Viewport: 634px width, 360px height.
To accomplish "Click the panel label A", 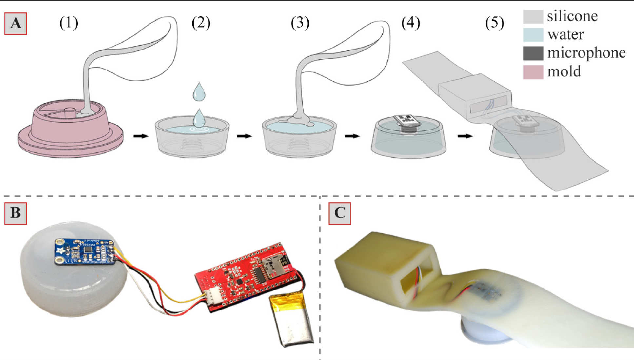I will [15, 24].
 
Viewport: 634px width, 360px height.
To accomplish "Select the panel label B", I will [15, 213].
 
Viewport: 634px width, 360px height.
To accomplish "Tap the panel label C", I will [340, 213].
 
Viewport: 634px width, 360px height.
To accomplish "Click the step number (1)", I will [69, 23].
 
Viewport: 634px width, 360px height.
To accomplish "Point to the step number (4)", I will [410, 23].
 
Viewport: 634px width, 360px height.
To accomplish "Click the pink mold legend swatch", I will [533, 72].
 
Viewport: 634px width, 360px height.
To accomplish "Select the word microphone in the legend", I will [586, 53].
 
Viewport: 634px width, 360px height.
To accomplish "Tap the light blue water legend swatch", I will [533, 35].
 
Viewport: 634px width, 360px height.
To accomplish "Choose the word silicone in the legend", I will [572, 16].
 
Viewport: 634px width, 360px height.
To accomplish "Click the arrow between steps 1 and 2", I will [141, 136].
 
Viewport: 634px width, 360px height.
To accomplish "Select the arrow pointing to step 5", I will [465, 136].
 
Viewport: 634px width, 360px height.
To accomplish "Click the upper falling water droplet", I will [199, 91].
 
